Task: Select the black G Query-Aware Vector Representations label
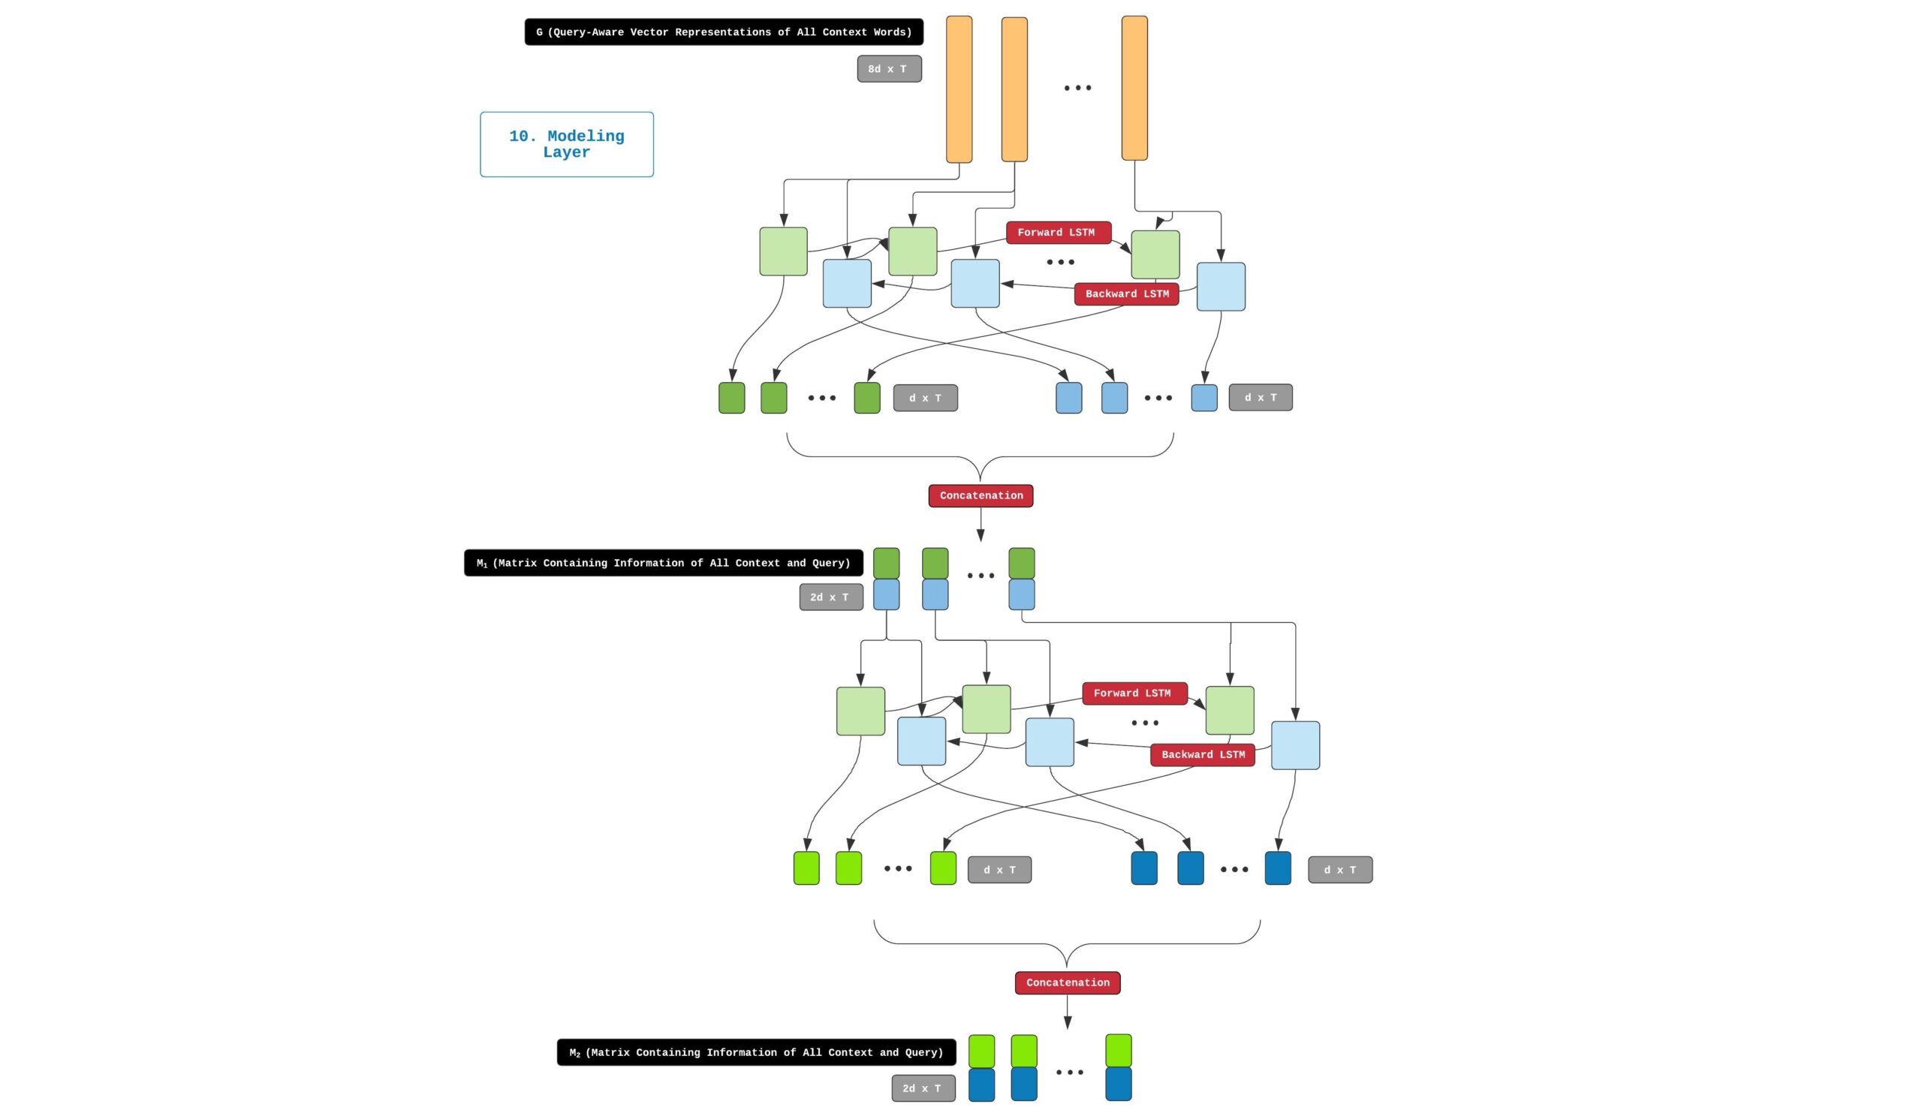click(724, 32)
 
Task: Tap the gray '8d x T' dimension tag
click(890, 69)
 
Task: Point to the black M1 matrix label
click(664, 564)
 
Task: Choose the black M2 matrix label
click(757, 1053)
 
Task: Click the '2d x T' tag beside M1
click(830, 597)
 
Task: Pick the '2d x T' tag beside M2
click(923, 1088)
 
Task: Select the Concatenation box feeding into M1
click(981, 496)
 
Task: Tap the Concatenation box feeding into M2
click(1068, 983)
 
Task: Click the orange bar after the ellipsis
click(1135, 89)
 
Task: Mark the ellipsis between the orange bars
click(1077, 89)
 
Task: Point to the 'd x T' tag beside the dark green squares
click(925, 399)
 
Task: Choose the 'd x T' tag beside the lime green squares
click(999, 870)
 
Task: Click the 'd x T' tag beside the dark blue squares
click(1340, 870)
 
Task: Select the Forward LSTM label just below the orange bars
click(1059, 233)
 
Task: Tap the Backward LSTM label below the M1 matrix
click(1203, 755)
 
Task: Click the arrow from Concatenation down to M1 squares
click(981, 525)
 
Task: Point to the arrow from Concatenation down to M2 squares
click(1068, 1012)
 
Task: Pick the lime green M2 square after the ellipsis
click(1119, 1051)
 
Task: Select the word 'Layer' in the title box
click(567, 152)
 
